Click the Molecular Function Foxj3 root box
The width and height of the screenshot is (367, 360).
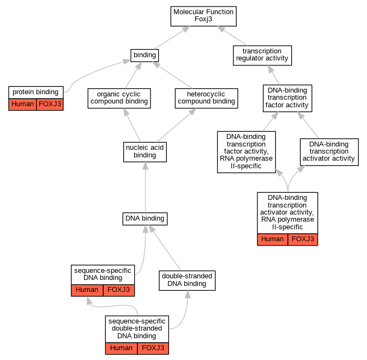203,16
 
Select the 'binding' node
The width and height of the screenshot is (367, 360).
145,56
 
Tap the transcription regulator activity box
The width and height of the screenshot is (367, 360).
262,56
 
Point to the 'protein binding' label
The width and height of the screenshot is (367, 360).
35,92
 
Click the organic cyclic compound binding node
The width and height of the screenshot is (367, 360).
119,98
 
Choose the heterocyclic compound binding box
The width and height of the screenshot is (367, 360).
207,98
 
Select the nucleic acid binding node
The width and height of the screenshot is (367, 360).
145,152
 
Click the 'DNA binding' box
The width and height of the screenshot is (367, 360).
145,219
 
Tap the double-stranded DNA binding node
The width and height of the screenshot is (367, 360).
187,280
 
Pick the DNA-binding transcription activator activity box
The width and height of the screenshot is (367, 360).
329,152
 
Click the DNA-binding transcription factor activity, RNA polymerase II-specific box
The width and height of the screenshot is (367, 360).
246,152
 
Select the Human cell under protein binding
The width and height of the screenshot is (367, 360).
22,104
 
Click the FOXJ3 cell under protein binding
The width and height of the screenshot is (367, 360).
50,104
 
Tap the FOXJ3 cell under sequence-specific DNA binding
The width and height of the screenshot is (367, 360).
119,290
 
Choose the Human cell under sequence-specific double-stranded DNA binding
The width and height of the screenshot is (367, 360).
121,349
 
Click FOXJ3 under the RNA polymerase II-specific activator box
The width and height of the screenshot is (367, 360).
303,240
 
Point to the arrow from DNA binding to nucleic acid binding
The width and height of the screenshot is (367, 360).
146,187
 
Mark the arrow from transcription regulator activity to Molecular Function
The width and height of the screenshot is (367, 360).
232,36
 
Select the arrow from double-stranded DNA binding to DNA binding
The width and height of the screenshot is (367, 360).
165,248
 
